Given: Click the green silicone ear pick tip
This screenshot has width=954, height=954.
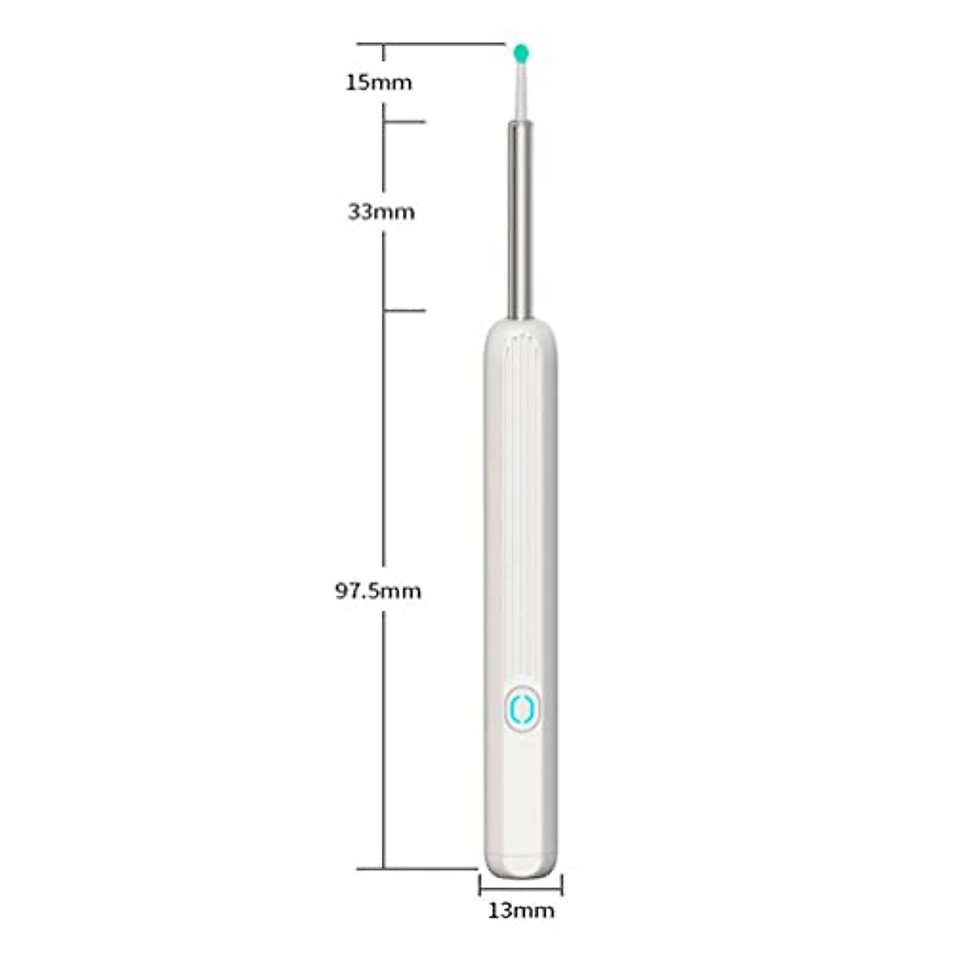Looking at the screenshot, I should point(522,54).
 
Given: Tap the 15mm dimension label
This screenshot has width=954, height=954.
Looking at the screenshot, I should point(379,82).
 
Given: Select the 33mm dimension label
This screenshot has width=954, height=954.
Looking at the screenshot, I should point(381,212).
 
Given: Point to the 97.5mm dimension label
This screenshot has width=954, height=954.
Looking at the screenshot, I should point(378,591).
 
